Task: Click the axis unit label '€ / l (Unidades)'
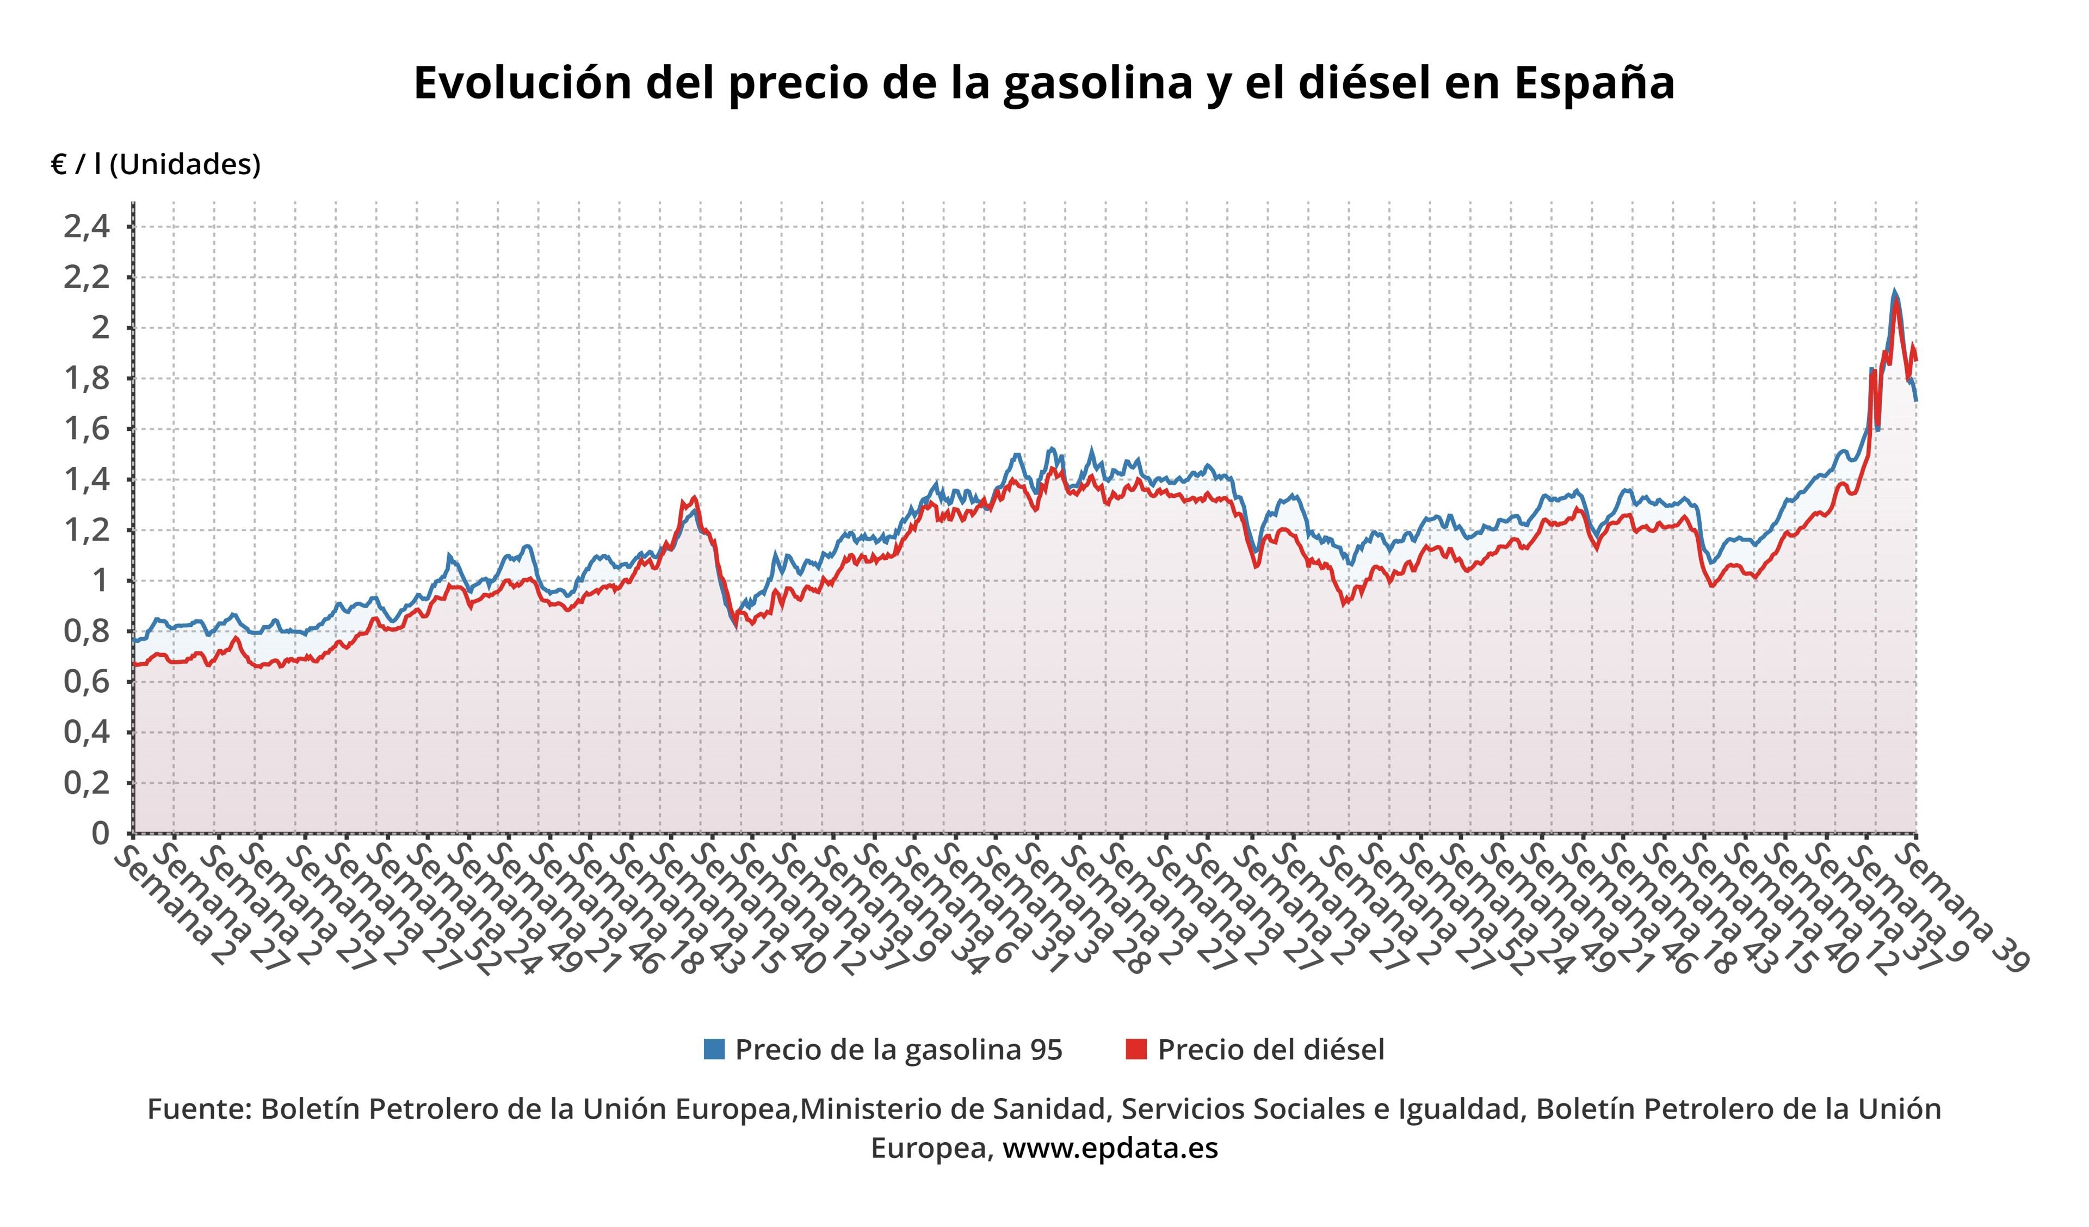(156, 164)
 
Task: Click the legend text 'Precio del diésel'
(1271, 1050)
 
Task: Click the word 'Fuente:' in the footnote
(199, 1108)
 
